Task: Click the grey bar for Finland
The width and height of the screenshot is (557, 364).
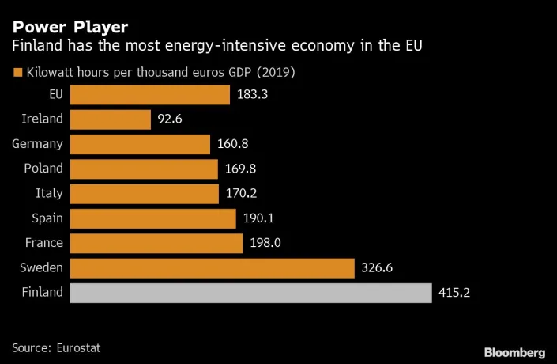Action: click(251, 293)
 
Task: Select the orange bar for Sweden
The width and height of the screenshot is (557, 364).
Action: click(212, 268)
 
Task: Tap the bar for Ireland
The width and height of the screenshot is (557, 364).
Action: click(110, 119)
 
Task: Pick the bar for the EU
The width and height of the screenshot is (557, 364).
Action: click(150, 95)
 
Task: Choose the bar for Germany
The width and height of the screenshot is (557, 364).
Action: click(140, 144)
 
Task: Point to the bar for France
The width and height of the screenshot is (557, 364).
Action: click(156, 243)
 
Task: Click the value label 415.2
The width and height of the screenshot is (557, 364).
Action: click(454, 293)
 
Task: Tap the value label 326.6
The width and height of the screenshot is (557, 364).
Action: click(377, 268)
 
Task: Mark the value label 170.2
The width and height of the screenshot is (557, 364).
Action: click(241, 194)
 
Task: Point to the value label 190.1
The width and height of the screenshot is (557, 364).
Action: click(258, 218)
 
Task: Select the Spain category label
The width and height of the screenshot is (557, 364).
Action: click(46, 218)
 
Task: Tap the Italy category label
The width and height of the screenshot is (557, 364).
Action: click(50, 194)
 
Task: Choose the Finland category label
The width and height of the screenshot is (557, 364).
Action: click(42, 293)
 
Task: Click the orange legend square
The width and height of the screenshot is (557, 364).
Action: click(17, 74)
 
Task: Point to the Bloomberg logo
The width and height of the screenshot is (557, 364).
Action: click(514, 351)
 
